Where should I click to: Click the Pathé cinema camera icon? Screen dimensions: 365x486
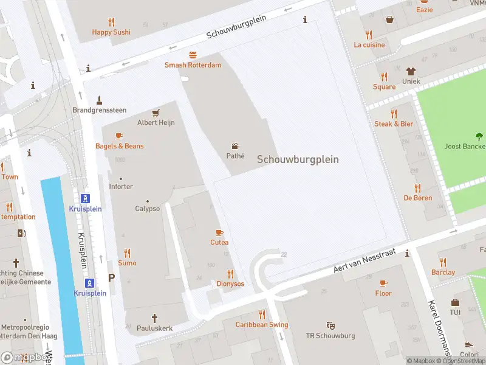click(235, 146)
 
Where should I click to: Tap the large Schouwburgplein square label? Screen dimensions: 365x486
click(298, 159)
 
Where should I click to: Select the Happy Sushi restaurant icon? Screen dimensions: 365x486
click(111, 22)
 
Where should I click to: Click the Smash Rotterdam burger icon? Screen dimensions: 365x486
click(193, 55)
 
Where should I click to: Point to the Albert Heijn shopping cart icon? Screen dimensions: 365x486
click(156, 113)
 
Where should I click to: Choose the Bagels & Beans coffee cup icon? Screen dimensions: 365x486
click(119, 136)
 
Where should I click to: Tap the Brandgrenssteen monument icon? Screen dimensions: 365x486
click(99, 100)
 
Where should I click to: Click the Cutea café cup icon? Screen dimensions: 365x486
click(219, 232)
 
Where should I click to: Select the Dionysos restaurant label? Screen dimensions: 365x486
click(230, 283)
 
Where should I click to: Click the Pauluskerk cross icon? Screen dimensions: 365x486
click(154, 318)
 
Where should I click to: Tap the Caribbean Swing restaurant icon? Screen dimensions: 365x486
click(262, 315)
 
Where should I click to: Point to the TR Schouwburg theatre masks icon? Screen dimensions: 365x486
click(330, 325)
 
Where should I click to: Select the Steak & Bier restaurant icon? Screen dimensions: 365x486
click(394, 114)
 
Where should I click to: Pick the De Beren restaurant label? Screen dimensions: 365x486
click(417, 198)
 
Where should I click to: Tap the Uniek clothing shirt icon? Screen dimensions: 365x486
click(411, 71)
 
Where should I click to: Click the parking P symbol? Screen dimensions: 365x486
click(111, 277)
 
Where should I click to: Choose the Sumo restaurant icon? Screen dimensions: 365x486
click(127, 253)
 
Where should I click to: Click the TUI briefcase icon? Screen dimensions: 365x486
click(455, 302)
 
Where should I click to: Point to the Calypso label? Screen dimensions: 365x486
click(148, 209)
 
